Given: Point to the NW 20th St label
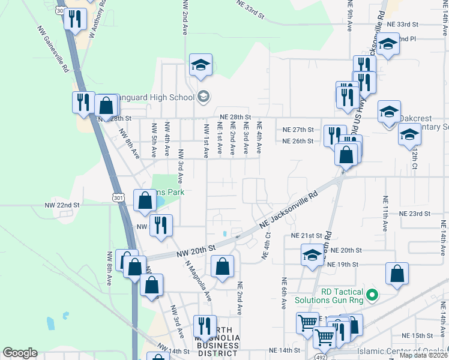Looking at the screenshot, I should (196, 250).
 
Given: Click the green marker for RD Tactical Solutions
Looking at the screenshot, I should (372, 295).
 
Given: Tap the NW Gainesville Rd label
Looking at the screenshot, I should (52, 49).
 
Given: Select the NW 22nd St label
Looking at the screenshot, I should (62, 205).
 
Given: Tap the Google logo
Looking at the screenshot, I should (20, 353).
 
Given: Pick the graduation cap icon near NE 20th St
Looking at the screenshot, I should (312, 254).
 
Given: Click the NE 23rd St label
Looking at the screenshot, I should (415, 214).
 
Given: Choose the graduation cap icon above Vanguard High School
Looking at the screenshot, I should (200, 64).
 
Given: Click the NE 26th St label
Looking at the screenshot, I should (298, 142).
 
